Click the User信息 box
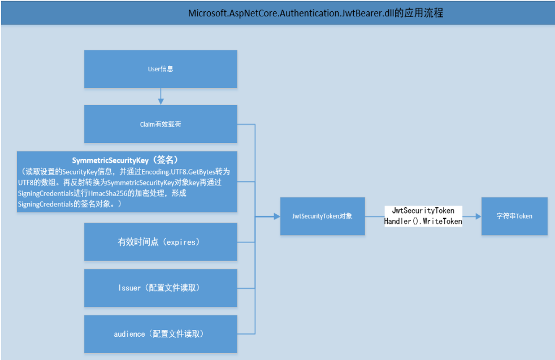point(161,68)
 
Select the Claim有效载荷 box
point(161,124)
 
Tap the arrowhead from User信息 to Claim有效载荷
point(161,101)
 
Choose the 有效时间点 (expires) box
point(161,242)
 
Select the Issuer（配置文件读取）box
point(161,288)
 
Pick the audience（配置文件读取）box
point(161,334)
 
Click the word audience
point(129,334)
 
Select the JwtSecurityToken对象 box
point(323,216)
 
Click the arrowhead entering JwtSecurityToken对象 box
point(276,216)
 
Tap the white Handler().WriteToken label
point(423,222)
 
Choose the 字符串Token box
point(514,216)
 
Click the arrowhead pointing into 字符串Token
point(478,216)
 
